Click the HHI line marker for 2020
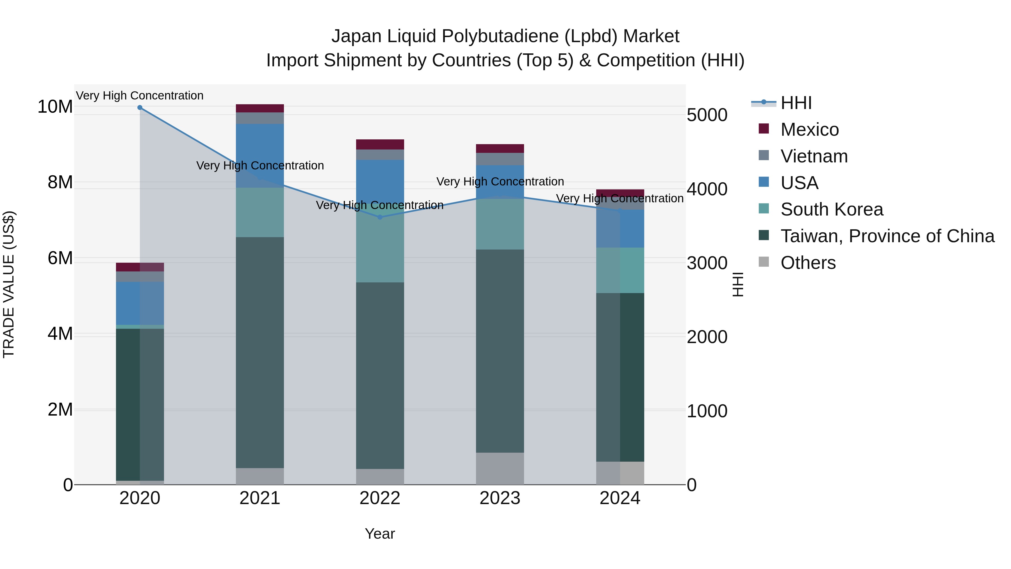tap(140, 108)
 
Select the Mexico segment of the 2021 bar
tap(260, 108)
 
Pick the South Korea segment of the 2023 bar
tap(500, 224)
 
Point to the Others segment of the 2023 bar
tap(500, 468)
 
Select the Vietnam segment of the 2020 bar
tap(140, 276)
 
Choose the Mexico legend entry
tap(809, 130)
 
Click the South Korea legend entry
tap(832, 209)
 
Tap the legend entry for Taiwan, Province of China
tap(887, 236)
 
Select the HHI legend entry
tap(796, 103)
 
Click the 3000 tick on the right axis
tap(707, 263)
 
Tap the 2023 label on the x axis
tap(500, 498)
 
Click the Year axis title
tap(379, 534)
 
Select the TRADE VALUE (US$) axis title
tap(9, 284)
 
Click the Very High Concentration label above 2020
tap(140, 96)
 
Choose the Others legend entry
tap(808, 263)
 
